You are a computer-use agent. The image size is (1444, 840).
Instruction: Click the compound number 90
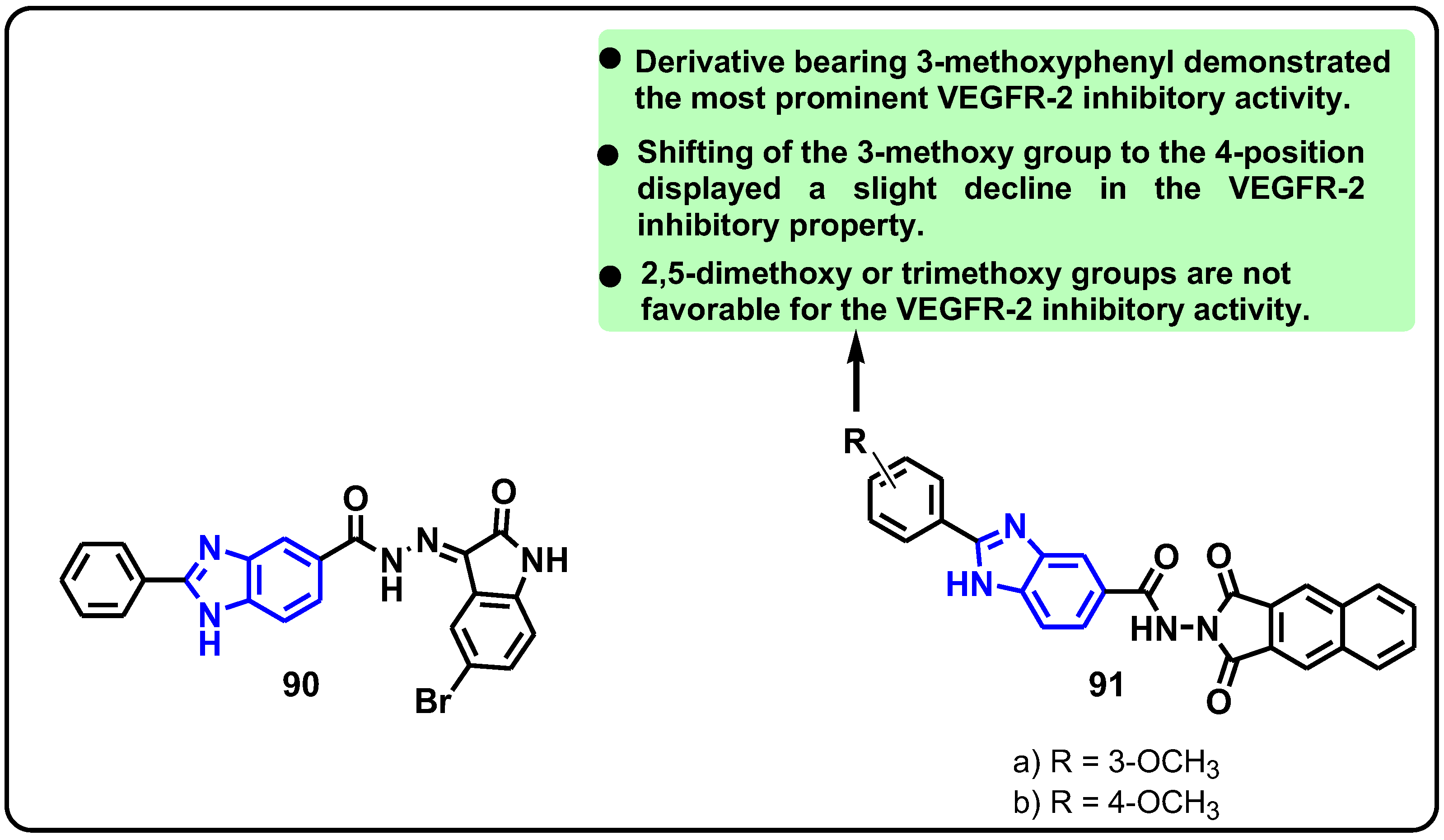(x=300, y=685)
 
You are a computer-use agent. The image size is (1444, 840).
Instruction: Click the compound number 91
(x=1106, y=685)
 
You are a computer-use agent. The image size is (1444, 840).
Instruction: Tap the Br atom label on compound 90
(x=433, y=701)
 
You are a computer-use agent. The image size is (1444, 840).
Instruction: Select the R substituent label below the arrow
(x=855, y=442)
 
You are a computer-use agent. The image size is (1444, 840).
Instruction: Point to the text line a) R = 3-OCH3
(x=1116, y=763)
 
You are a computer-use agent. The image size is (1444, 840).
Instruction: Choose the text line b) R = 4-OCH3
(x=1116, y=803)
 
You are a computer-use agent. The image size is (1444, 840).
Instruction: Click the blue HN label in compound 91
(x=969, y=585)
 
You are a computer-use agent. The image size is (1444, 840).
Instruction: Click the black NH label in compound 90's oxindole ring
(x=544, y=561)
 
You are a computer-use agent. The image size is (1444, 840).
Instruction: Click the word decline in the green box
(x=1018, y=188)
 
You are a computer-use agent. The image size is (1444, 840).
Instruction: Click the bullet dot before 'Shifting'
(x=608, y=155)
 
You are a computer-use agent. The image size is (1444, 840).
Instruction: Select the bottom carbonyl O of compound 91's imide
(x=1218, y=702)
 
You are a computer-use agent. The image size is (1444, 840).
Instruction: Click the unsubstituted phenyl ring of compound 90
(x=103, y=580)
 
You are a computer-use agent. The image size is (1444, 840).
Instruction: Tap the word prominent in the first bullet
(x=851, y=99)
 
